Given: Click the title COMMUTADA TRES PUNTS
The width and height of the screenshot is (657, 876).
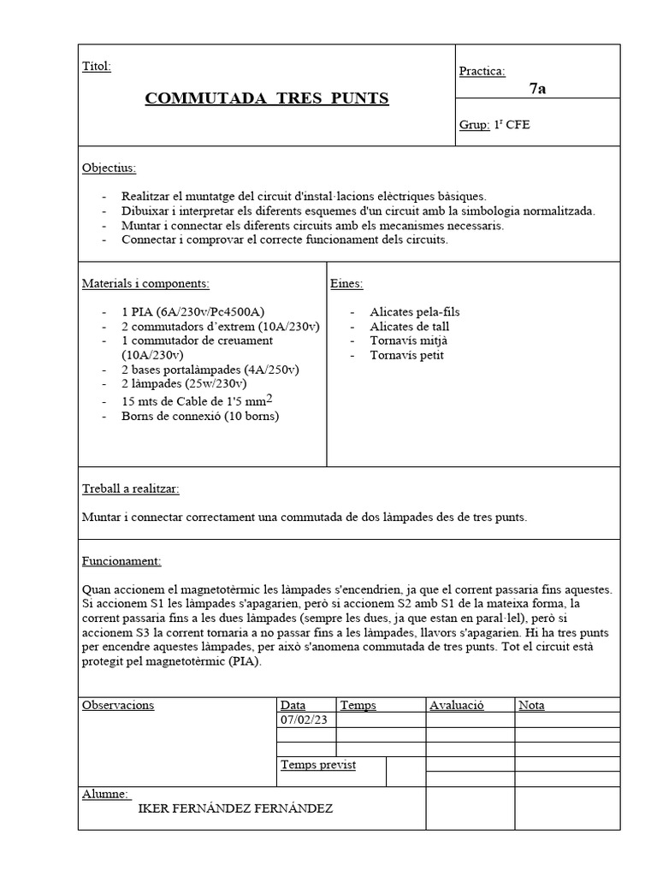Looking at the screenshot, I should pos(267,98).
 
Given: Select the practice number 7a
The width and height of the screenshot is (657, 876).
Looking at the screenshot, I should pos(537,89).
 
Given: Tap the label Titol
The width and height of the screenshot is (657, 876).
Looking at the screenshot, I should pos(96,67).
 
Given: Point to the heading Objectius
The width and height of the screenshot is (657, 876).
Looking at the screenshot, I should pos(109,168).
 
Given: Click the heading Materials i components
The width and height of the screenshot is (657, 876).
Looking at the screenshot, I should pos(145,283).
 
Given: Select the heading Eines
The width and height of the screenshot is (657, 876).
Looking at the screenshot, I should pos(346,283).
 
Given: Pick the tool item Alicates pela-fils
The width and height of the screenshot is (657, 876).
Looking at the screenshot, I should pos(414,312).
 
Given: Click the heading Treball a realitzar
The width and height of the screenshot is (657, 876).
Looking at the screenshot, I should pos(130,488).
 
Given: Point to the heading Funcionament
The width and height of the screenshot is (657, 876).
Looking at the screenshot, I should pos(121,561).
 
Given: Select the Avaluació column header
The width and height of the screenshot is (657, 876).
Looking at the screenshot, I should pos(457,705).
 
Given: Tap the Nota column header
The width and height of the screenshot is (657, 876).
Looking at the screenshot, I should pos(531,705).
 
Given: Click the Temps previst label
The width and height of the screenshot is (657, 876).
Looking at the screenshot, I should pos(318,764).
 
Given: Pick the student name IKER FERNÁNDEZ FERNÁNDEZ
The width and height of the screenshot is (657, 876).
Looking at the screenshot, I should pos(235,808).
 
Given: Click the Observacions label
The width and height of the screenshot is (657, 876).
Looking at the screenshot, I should pos(118,705).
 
